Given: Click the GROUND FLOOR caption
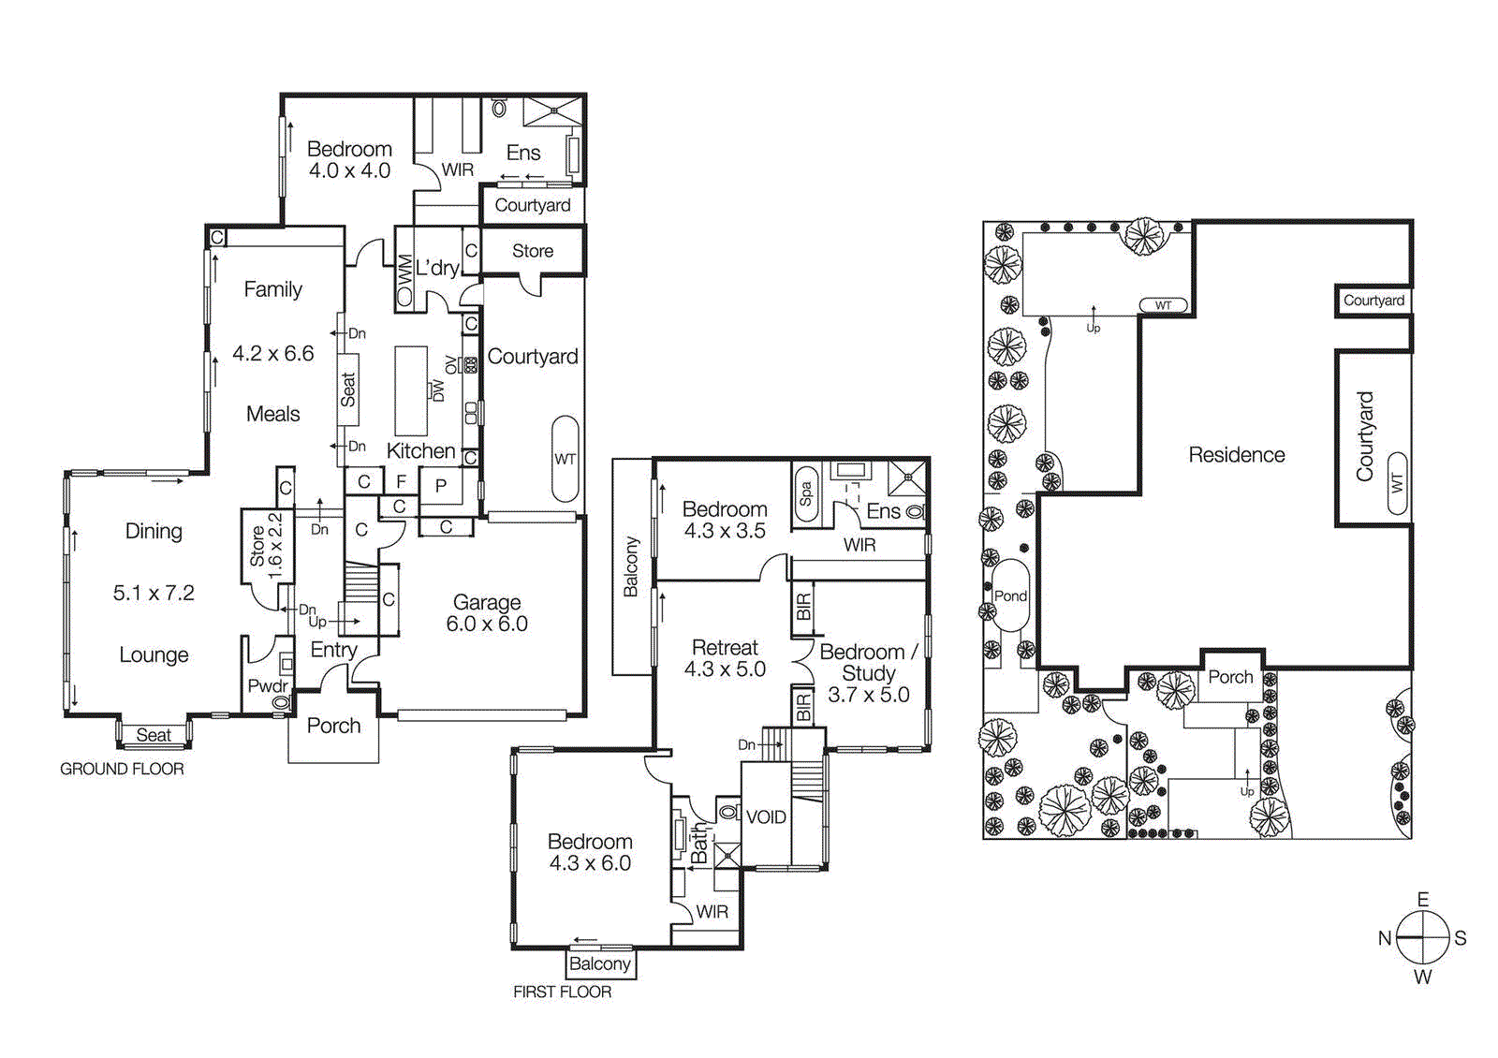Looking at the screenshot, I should tap(122, 769).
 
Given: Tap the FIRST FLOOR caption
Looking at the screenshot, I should tap(562, 992).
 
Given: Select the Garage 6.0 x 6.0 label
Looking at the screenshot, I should tap(487, 613).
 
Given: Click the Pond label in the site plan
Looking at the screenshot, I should tap(1010, 595).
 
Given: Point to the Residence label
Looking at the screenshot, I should tap(1236, 455).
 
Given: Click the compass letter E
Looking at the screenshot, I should tap(1423, 900).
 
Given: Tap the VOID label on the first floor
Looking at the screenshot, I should tap(766, 817).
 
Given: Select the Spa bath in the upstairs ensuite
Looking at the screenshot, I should tap(805, 493).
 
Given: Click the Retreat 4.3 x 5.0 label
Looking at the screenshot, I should tap(725, 658).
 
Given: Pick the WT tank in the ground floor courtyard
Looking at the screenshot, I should tap(565, 459).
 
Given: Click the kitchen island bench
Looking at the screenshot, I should tap(411, 389).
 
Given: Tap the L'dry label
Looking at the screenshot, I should tap(437, 268).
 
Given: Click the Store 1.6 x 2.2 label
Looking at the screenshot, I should tap(266, 545).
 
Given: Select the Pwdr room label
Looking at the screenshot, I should tap(266, 686).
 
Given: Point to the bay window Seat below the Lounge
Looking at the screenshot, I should tap(154, 735).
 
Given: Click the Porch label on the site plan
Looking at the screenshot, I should tap(1230, 677).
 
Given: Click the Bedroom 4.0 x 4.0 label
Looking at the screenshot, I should tap(349, 159).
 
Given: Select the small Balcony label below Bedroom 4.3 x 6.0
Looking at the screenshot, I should tap(599, 963).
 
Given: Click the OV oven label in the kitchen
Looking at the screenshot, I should tap(452, 365).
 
